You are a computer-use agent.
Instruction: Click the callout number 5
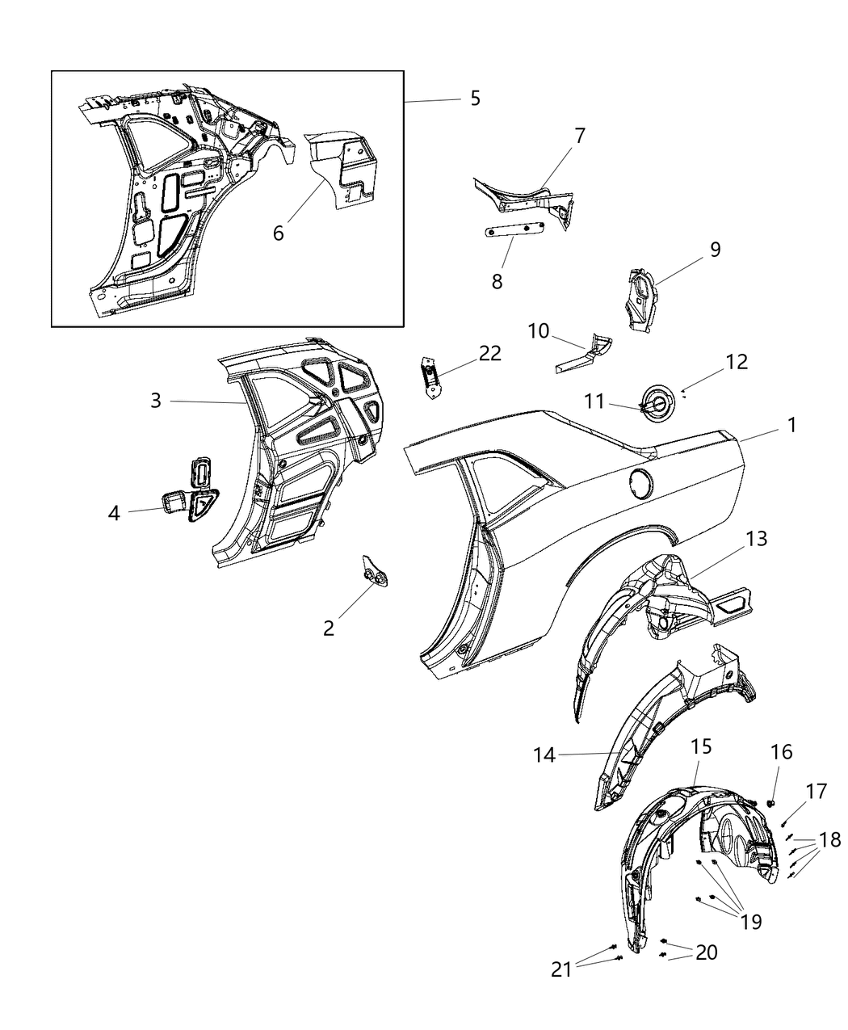[x=475, y=99]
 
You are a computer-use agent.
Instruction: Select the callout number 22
[x=489, y=353]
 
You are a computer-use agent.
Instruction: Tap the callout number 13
[x=758, y=538]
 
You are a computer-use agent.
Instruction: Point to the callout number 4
[x=115, y=513]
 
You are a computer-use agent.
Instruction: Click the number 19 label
[x=750, y=922]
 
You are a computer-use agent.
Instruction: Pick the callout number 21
[x=562, y=969]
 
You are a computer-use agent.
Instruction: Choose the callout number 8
[x=497, y=280]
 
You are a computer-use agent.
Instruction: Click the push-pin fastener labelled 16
[x=772, y=803]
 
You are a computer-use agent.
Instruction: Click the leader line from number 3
[x=206, y=401]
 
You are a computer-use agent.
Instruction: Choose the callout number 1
[x=792, y=425]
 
